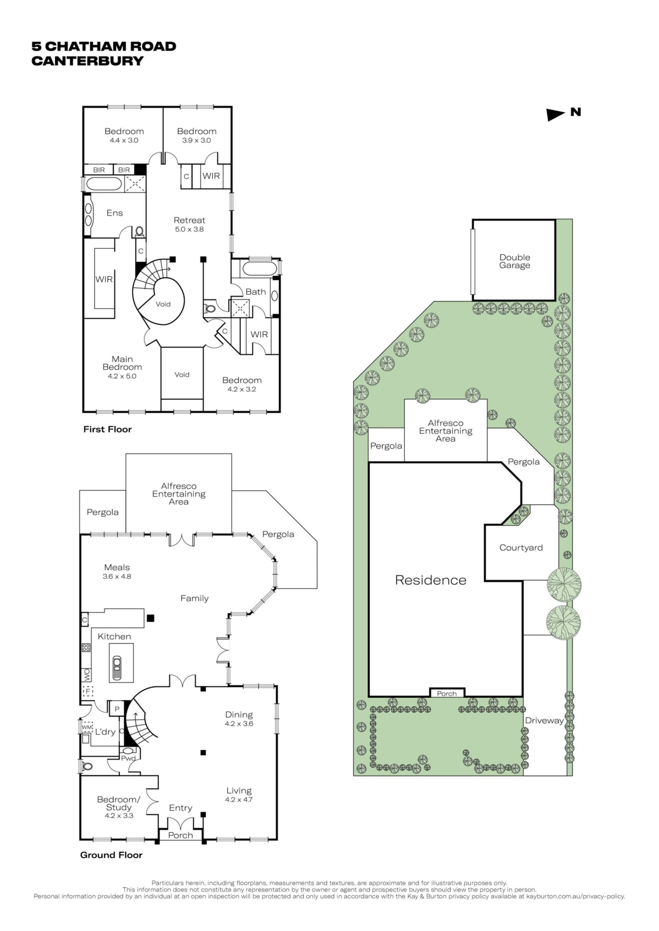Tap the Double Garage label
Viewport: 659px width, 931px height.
(x=515, y=261)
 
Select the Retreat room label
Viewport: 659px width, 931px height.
(x=189, y=220)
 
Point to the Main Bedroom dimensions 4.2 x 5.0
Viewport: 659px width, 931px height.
(x=122, y=376)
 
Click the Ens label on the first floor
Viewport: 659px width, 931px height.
(x=114, y=213)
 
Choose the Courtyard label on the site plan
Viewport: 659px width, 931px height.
(x=521, y=548)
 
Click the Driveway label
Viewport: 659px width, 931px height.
(x=544, y=720)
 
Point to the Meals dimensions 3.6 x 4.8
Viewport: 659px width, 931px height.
(x=117, y=576)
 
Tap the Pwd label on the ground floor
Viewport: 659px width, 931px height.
(x=128, y=758)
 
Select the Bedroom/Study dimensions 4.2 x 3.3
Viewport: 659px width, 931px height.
(x=119, y=815)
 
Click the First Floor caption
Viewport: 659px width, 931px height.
(x=107, y=429)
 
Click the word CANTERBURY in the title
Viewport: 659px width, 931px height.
(x=88, y=61)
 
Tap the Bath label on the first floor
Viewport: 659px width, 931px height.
(x=256, y=291)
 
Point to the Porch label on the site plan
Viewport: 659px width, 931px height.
(x=447, y=694)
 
